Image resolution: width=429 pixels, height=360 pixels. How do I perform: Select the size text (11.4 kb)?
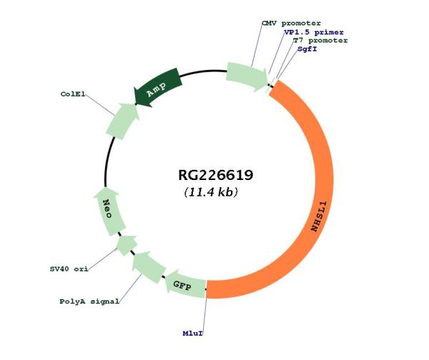(211, 193)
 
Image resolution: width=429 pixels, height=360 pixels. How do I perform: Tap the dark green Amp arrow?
(158, 88)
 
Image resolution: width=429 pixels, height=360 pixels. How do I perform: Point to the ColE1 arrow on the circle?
(122, 122)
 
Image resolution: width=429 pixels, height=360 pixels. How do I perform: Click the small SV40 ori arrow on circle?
(127, 246)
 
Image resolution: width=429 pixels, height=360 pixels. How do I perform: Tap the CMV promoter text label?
(291, 23)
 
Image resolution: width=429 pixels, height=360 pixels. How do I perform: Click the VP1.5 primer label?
(313, 32)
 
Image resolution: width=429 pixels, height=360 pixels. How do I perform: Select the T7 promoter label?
(320, 41)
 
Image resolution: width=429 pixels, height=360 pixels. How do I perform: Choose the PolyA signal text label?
(89, 301)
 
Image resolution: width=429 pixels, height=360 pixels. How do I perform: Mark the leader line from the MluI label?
(204, 311)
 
